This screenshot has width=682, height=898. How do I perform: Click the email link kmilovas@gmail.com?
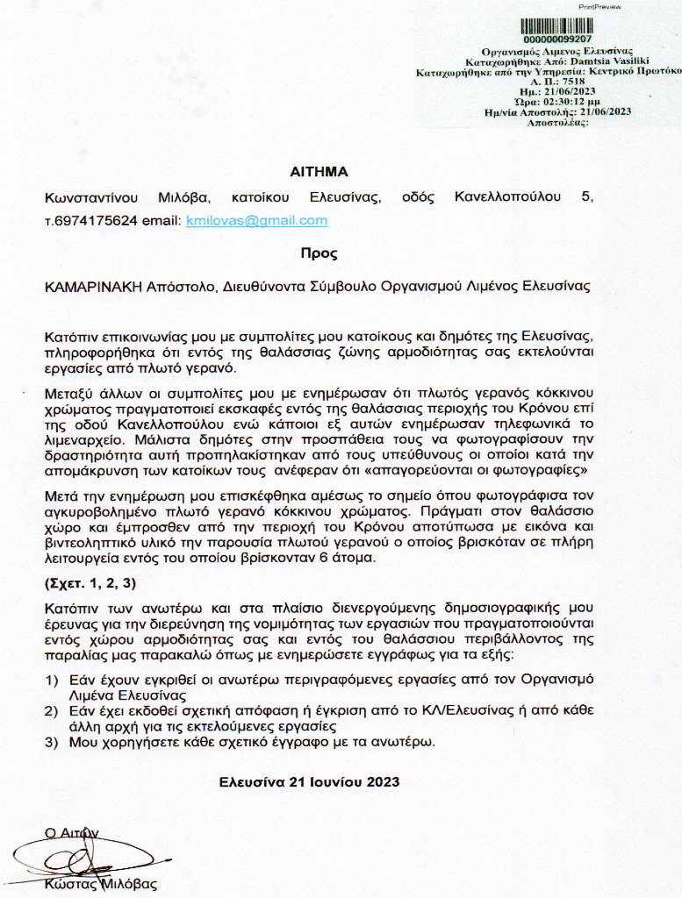pos(257,220)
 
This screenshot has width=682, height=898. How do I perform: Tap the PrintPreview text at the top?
pos(599,6)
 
